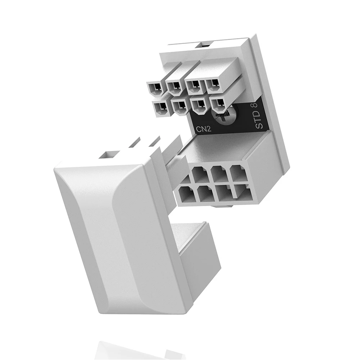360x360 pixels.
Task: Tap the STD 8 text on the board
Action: [260, 115]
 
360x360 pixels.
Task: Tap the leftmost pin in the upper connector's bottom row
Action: [160, 106]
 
